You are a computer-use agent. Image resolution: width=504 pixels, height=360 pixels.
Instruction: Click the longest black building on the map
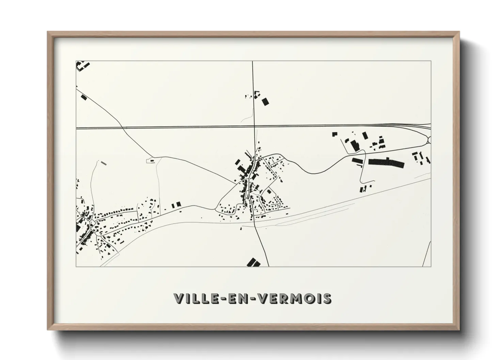click(x=386, y=163)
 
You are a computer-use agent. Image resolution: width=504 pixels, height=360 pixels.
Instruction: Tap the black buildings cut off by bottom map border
click(x=253, y=262)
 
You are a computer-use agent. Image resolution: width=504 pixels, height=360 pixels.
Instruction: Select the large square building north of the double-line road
click(x=265, y=101)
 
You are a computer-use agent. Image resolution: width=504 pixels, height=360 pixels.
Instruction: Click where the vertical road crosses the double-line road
click(x=254, y=127)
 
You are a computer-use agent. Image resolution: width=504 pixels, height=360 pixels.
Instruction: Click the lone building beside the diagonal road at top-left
click(x=84, y=97)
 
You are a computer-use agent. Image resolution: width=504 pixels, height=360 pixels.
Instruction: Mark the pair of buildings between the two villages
click(x=176, y=205)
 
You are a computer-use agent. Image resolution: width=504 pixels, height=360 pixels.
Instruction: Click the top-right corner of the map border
click(x=431, y=61)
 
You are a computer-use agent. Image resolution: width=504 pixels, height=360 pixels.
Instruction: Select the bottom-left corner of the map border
click(x=76, y=266)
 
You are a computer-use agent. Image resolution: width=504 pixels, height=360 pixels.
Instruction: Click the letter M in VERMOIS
click(x=297, y=298)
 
